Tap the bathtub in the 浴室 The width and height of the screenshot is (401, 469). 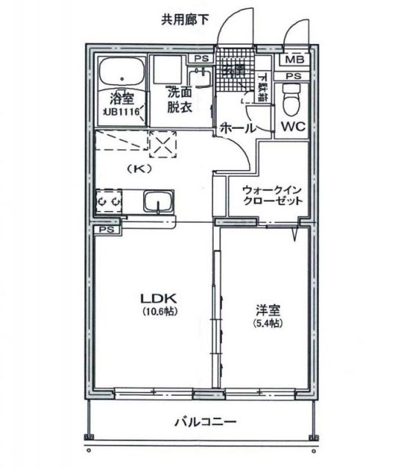coord(121,73)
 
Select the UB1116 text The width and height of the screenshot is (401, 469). coord(121,111)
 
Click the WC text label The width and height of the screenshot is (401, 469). coord(292,127)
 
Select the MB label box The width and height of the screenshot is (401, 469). coord(294,60)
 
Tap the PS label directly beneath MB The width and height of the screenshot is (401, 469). coord(294,75)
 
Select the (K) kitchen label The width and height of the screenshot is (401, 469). coord(139,167)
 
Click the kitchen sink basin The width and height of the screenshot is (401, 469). coord(156,202)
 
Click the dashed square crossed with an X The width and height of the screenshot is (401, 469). coord(163,144)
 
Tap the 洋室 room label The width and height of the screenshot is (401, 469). coord(267,309)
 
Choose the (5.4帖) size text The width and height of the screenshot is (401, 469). coord(267,323)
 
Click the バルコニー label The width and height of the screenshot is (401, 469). coord(205,422)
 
